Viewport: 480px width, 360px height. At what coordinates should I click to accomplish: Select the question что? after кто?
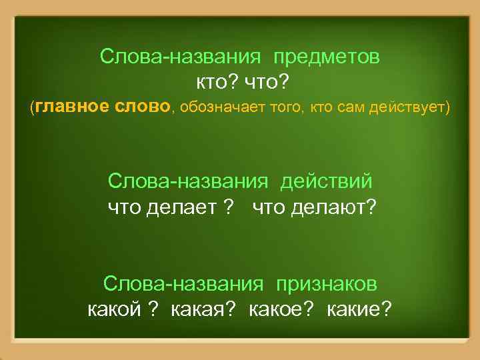(266, 81)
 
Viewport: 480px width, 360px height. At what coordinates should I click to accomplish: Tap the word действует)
(417, 107)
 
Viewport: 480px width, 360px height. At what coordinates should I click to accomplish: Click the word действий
(327, 181)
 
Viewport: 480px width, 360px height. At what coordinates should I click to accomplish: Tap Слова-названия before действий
(188, 181)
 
